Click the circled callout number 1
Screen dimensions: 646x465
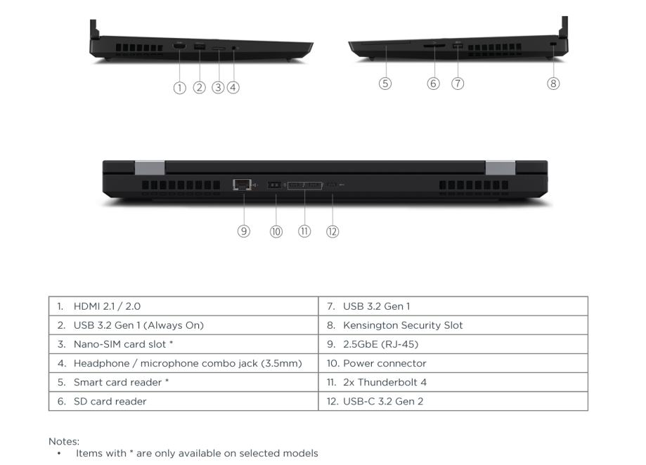click(x=180, y=88)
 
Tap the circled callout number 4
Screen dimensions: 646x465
click(x=233, y=88)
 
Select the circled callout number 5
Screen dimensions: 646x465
click(x=385, y=84)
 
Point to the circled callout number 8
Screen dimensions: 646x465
click(x=553, y=84)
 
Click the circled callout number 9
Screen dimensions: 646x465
click(x=243, y=231)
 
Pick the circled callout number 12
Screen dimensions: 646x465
click(x=332, y=231)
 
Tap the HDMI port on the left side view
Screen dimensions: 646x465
click(x=180, y=46)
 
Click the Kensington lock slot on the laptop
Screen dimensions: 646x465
click(x=553, y=46)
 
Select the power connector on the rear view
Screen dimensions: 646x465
click(x=276, y=185)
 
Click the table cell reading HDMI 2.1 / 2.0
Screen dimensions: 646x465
click(x=183, y=306)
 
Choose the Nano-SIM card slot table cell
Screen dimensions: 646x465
click(x=183, y=344)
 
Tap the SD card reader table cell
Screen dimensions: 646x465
click(x=183, y=401)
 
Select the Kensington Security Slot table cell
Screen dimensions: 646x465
click(x=453, y=325)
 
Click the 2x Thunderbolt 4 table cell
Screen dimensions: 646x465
click(x=453, y=382)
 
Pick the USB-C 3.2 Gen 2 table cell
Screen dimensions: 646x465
click(x=453, y=401)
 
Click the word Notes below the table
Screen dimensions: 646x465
click(x=63, y=441)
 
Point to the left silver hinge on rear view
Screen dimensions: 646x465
click(x=149, y=168)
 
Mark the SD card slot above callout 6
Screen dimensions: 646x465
click(x=433, y=46)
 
